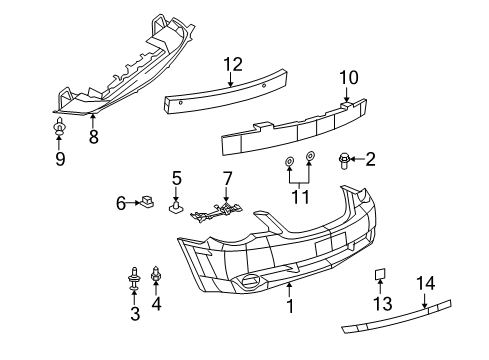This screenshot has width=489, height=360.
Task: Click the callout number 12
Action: pos(232,64)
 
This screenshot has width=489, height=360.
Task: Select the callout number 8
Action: pos(93,137)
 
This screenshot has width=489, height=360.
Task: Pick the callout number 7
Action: pos(227,180)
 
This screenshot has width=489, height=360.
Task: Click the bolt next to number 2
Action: pos(345,157)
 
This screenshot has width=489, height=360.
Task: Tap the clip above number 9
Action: pos(59,126)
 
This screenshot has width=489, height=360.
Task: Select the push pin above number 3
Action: pos(133,274)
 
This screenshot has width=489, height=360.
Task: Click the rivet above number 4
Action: pos(156,273)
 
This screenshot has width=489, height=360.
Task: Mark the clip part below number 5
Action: pos(176,209)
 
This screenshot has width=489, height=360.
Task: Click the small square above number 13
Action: pos(381,273)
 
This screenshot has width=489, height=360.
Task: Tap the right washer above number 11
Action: pos(310,157)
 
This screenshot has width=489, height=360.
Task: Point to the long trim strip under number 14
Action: pos(400,320)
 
